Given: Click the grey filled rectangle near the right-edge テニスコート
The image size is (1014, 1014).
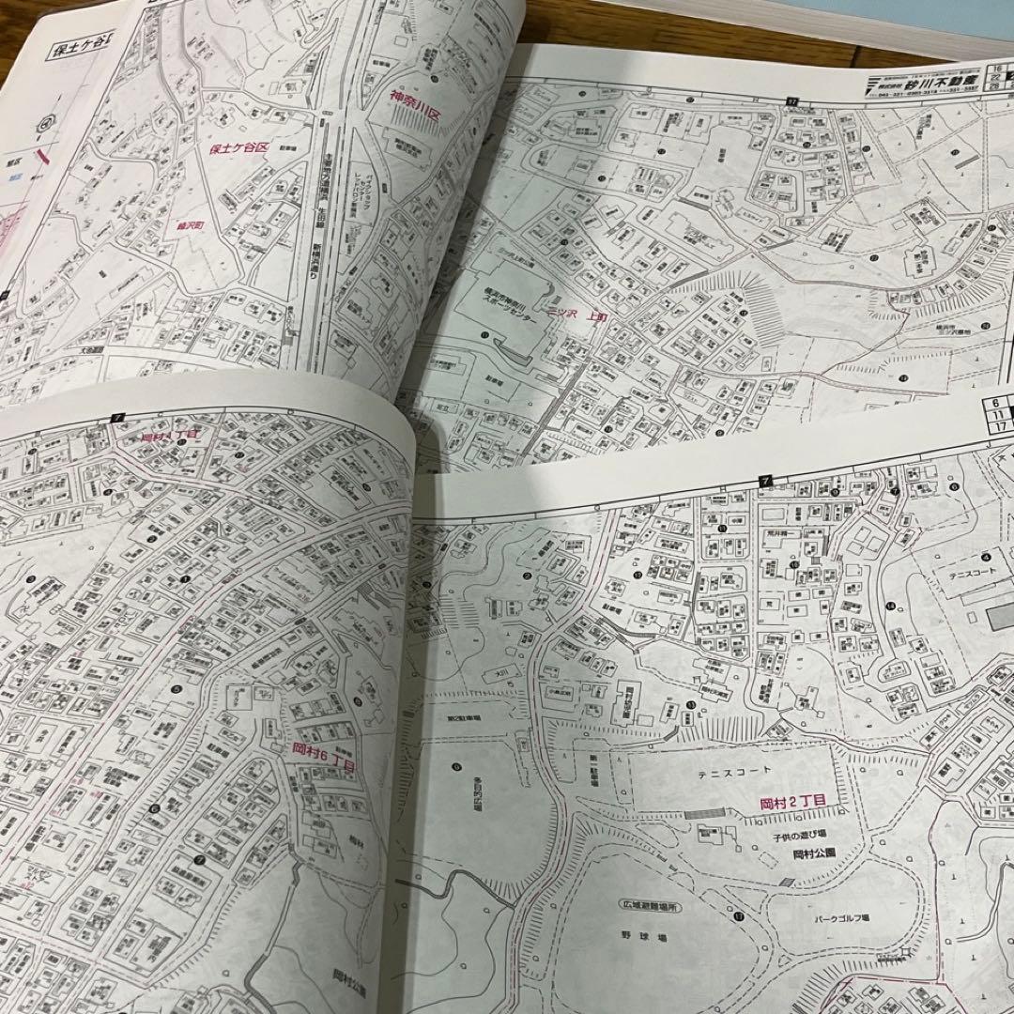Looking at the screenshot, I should coord(998,616).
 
